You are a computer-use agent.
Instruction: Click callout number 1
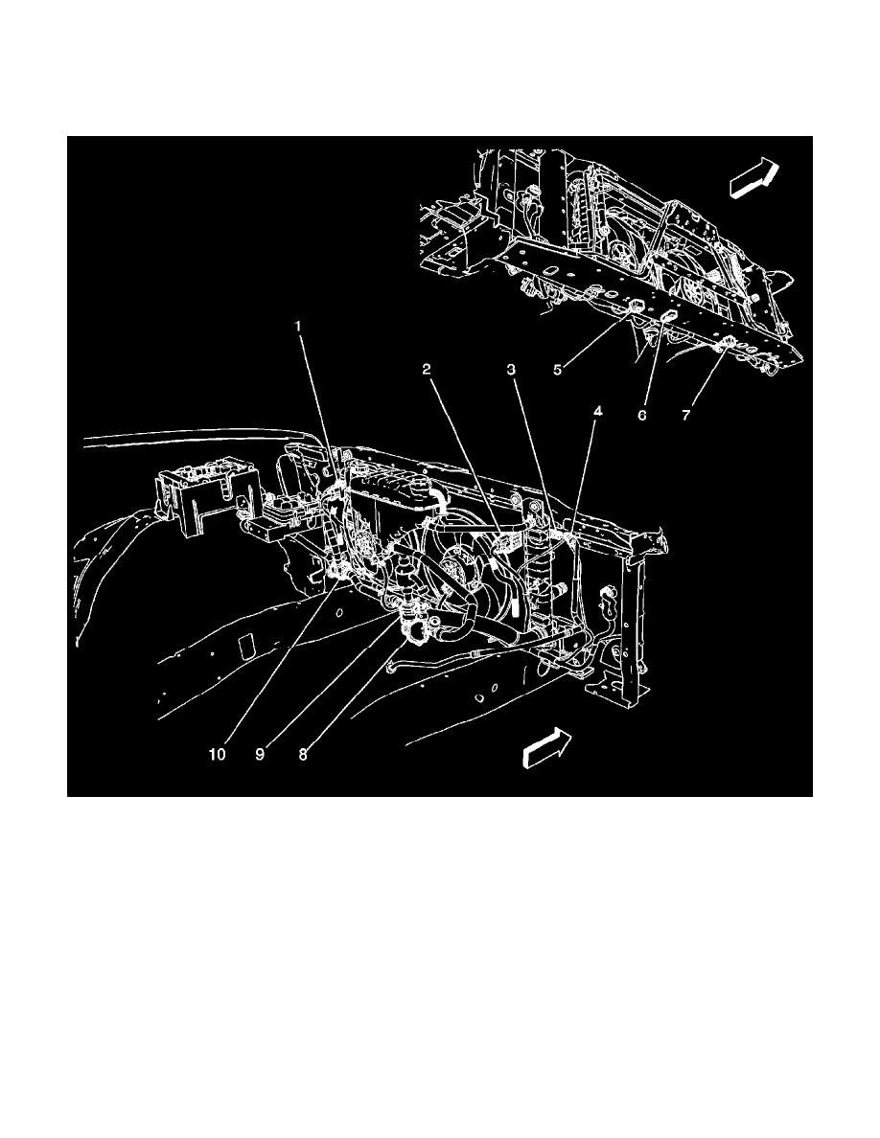[298, 327]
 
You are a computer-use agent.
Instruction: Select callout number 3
[512, 368]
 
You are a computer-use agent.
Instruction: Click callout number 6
[642, 415]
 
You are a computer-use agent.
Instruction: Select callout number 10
[220, 753]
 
